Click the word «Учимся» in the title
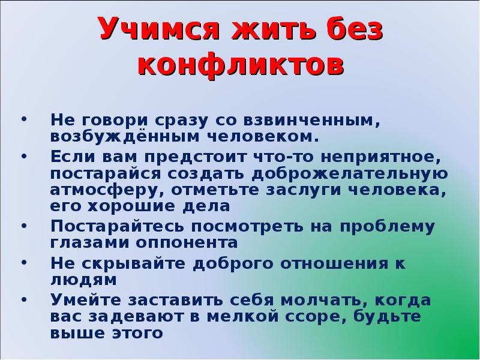tap(160, 29)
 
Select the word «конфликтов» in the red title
tap(241, 65)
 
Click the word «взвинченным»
tap(311, 121)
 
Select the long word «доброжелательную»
tap(350, 174)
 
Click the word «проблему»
tap(388, 227)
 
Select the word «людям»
tap(83, 280)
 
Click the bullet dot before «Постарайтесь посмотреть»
tap(24, 226)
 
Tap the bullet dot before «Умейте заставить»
tap(24, 299)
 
